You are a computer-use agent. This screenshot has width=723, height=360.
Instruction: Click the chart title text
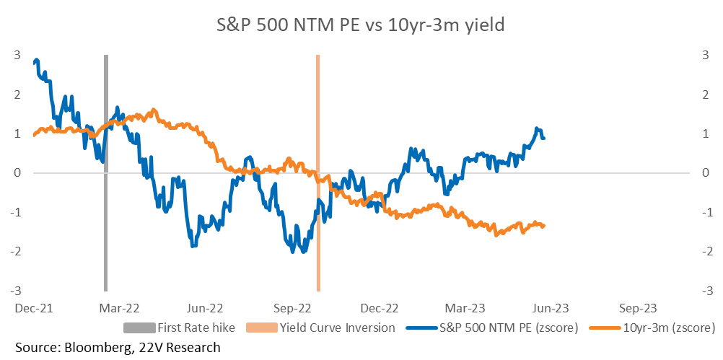(x=361, y=25)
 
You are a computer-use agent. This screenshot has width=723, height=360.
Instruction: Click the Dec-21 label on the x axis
(x=34, y=307)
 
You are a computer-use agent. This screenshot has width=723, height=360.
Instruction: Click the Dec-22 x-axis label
(x=381, y=307)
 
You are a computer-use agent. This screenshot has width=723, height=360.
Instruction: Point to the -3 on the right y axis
(x=704, y=291)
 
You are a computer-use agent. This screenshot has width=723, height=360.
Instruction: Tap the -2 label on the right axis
(x=704, y=252)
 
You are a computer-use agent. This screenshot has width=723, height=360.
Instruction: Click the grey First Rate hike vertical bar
(x=105, y=173)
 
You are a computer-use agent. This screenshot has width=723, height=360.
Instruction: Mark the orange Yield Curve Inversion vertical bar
(x=317, y=173)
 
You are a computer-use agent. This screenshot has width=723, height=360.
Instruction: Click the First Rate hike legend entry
(x=180, y=328)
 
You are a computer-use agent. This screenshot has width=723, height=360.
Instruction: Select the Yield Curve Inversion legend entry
(x=321, y=328)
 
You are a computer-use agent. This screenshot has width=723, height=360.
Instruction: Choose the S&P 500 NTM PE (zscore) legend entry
(x=492, y=328)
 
